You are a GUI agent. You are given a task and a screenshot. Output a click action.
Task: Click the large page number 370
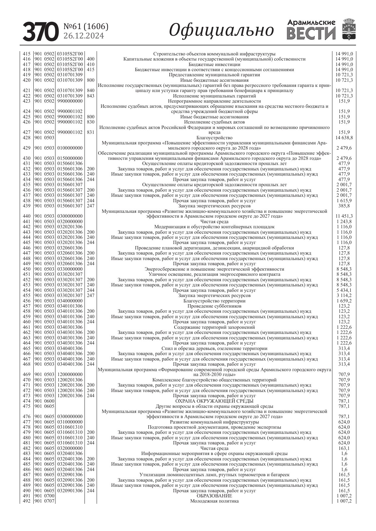coord(41,32)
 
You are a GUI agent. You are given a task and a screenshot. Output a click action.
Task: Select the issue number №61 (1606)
coord(86,27)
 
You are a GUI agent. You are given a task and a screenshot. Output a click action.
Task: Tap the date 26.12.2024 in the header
coord(84,36)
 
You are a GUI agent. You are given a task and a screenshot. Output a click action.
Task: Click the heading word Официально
coord(221,31)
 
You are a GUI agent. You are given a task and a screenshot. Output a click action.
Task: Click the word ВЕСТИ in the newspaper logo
coord(311,33)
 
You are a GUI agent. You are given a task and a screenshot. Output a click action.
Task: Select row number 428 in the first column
coord(27,138)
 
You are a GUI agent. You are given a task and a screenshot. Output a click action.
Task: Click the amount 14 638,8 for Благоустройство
coord(344,138)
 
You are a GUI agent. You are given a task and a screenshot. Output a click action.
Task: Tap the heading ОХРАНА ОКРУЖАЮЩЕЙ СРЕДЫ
coord(214,401)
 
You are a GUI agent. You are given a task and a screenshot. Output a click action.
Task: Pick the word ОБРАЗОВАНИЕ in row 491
coord(214,496)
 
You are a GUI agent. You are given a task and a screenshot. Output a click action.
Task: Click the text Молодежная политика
coord(214,501)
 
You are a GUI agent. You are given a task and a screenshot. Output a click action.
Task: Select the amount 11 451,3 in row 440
coord(344,216)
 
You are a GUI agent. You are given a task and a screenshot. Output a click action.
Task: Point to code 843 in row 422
coord(91,96)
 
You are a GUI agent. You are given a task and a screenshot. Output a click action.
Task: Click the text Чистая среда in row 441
coord(214,222)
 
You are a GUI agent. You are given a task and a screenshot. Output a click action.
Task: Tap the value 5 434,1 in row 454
coord(344,290)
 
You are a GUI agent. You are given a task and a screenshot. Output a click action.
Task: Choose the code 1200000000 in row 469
coord(70,374)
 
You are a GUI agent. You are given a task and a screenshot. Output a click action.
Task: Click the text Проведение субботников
coord(214,306)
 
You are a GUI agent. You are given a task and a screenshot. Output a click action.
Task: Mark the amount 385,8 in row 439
coord(344,206)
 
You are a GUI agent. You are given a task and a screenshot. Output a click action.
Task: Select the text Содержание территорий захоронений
coord(214,327)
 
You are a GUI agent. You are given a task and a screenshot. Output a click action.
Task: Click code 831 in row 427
coord(91,132)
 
